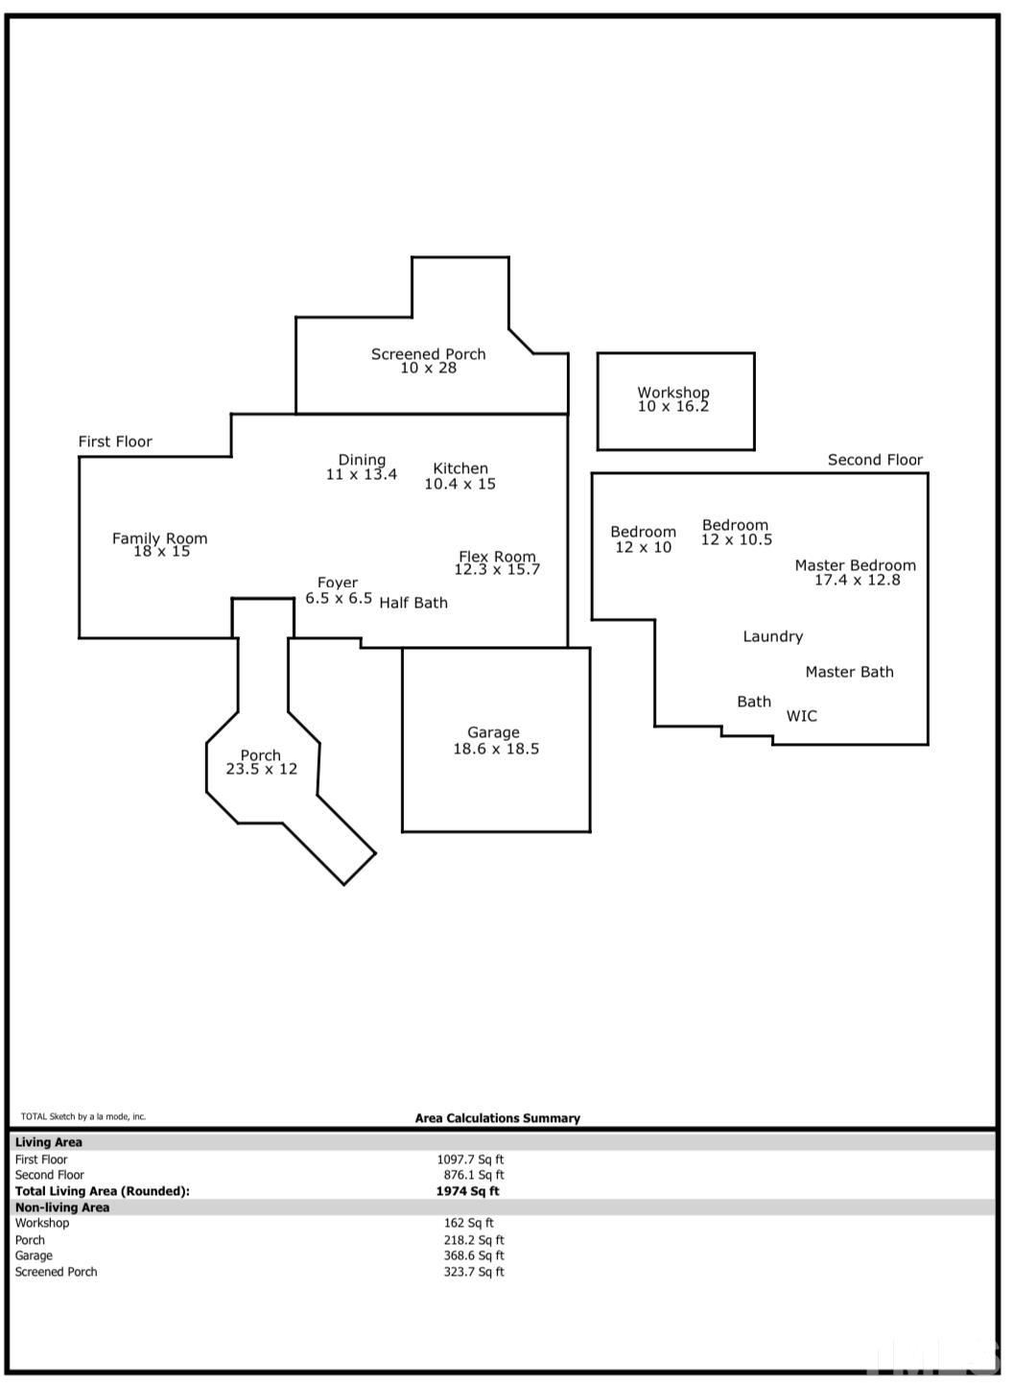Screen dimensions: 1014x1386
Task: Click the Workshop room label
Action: (673, 393)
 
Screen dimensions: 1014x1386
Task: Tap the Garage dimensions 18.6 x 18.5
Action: (496, 749)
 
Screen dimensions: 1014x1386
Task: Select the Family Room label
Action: (159, 538)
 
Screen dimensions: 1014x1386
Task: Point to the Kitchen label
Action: (460, 468)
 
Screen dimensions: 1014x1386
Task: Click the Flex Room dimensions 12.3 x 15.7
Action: (497, 570)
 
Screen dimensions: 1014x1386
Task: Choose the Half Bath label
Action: (413, 603)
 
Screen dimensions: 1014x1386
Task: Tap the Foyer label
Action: (338, 583)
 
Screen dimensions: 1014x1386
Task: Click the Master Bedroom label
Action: (856, 565)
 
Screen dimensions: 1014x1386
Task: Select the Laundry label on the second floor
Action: (773, 636)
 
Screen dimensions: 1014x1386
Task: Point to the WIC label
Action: (801, 716)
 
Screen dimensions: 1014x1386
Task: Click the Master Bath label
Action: (850, 672)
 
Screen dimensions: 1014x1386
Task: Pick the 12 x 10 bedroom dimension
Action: (643, 547)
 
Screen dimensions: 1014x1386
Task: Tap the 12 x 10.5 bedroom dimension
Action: (737, 539)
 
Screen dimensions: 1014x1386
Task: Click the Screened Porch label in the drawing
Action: (429, 354)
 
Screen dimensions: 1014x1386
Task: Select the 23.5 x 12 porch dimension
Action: (262, 769)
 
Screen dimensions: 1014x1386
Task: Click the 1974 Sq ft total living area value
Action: (467, 1191)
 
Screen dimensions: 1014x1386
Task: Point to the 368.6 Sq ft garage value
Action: (474, 1255)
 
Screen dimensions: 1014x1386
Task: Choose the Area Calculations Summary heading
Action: (498, 1118)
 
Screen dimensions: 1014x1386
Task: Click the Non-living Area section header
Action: (61, 1207)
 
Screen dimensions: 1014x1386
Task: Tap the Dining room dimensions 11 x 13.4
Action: (362, 474)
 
